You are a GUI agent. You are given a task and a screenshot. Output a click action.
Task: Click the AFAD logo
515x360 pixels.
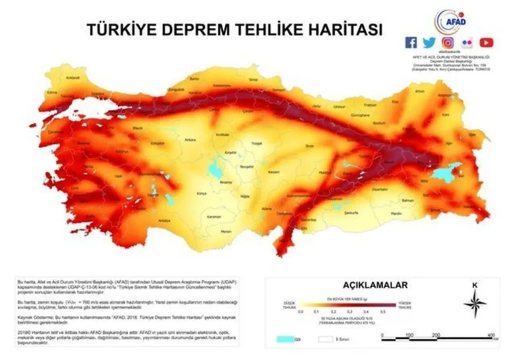(450, 21)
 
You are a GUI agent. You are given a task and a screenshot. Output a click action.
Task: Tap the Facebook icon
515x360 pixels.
(411, 43)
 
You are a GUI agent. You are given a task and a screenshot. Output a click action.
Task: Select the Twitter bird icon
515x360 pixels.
(429, 43)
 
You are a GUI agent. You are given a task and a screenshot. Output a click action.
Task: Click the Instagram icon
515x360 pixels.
(448, 43)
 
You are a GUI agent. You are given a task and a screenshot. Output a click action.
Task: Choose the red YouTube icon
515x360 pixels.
(486, 43)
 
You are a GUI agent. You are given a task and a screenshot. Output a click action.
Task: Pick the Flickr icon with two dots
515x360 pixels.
(467, 43)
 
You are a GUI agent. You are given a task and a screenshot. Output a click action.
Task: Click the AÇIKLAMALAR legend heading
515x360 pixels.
(375, 286)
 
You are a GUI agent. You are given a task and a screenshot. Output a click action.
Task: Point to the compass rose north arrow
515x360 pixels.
(475, 302)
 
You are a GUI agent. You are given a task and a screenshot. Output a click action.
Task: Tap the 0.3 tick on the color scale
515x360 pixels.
(349, 311)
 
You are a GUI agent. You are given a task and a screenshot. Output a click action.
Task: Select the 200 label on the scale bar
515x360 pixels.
(436, 335)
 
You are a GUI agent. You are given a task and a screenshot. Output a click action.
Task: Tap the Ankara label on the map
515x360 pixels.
(190, 140)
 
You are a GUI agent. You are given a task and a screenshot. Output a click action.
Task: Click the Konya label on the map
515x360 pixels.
(201, 194)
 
